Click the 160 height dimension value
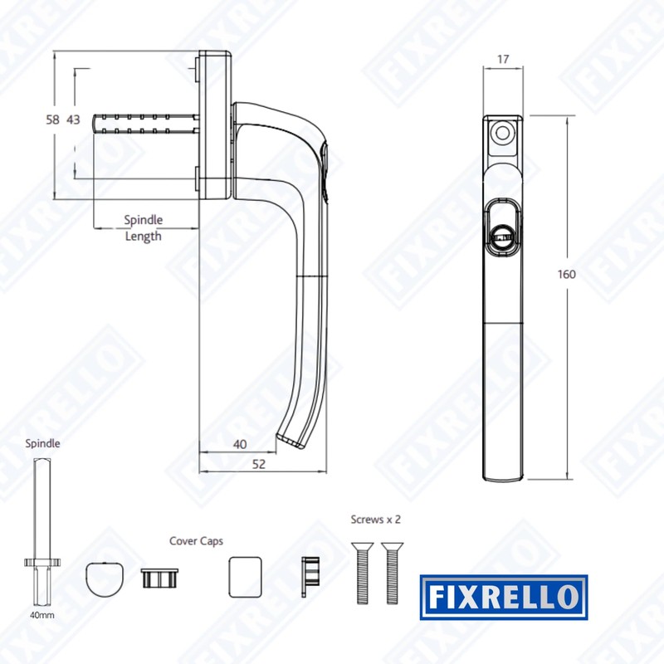567,275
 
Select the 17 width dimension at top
504,60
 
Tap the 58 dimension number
52,120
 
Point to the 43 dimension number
73,120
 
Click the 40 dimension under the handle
240,444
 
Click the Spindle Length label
144,228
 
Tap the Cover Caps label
196,541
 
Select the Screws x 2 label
376,520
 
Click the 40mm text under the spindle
42,615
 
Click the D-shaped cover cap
107,578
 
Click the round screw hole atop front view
501,133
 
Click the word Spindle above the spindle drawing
42,444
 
